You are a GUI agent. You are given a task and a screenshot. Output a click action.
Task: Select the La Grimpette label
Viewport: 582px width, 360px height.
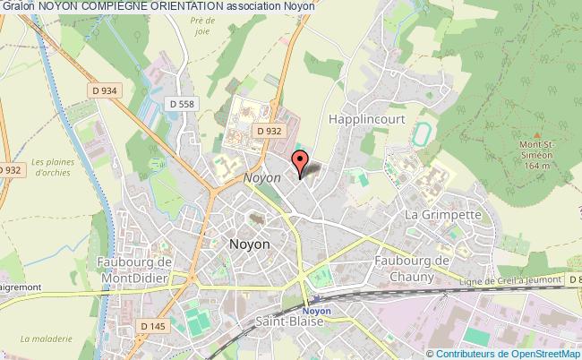[x=444, y=216]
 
